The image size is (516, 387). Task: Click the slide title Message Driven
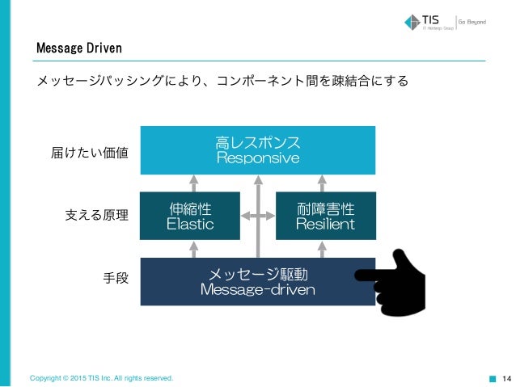click(78, 49)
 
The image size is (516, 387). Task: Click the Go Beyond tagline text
click(473, 21)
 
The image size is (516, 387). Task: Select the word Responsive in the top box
click(257, 158)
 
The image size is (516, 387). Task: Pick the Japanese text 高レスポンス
click(257, 142)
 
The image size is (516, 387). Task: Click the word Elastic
click(189, 224)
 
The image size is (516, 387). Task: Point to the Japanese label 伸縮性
click(189, 208)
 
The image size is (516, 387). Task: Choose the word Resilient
click(325, 224)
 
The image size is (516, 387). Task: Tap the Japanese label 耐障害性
click(325, 208)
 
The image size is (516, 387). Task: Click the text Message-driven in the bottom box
click(257, 289)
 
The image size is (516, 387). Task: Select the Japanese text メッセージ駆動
click(257, 274)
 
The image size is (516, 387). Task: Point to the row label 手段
click(112, 280)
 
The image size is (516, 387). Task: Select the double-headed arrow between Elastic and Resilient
click(257, 216)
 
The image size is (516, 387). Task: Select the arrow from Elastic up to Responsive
click(192, 183)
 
